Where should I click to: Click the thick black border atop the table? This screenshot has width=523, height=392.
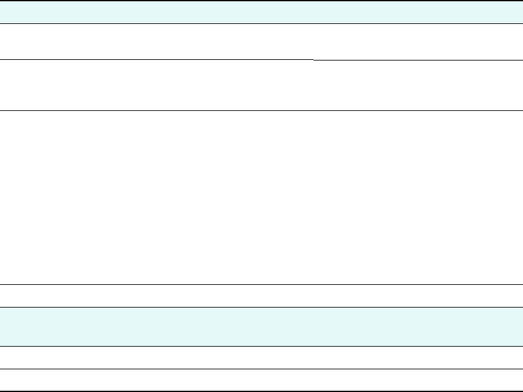click(x=261, y=1)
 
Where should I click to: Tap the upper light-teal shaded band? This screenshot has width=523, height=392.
click(x=261, y=13)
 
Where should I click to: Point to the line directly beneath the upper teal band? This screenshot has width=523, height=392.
click(x=261, y=24)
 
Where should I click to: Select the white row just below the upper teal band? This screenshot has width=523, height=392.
click(x=261, y=42)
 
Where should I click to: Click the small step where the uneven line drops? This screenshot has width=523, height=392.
click(x=314, y=60)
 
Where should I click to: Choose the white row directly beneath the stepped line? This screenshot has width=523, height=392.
click(x=261, y=86)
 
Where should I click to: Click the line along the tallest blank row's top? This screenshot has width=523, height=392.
click(x=261, y=111)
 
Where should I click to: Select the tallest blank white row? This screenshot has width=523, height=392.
click(x=261, y=198)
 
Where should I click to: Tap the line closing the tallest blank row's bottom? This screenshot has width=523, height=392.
click(x=261, y=285)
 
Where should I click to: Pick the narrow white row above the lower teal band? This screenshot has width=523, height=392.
click(x=261, y=296)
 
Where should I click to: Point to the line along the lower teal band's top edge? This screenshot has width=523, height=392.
click(x=261, y=308)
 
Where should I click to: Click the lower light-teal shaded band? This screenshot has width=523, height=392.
click(x=261, y=326)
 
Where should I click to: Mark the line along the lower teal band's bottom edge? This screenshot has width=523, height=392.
click(x=261, y=346)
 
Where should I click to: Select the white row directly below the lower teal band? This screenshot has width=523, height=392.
click(x=261, y=357)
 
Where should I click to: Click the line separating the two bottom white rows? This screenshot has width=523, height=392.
click(x=261, y=369)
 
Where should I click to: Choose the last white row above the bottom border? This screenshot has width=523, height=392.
click(x=261, y=380)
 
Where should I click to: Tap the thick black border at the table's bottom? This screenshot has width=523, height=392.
click(x=261, y=391)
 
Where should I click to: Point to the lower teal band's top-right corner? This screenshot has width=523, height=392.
click(x=522, y=308)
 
